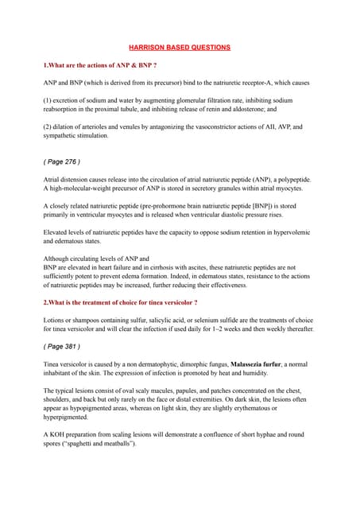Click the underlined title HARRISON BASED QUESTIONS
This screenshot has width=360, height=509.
pos(180,48)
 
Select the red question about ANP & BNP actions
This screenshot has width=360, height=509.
pos(100,64)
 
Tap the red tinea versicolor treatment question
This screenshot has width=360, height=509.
pos(120,303)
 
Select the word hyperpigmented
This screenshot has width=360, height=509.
pos(69,418)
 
